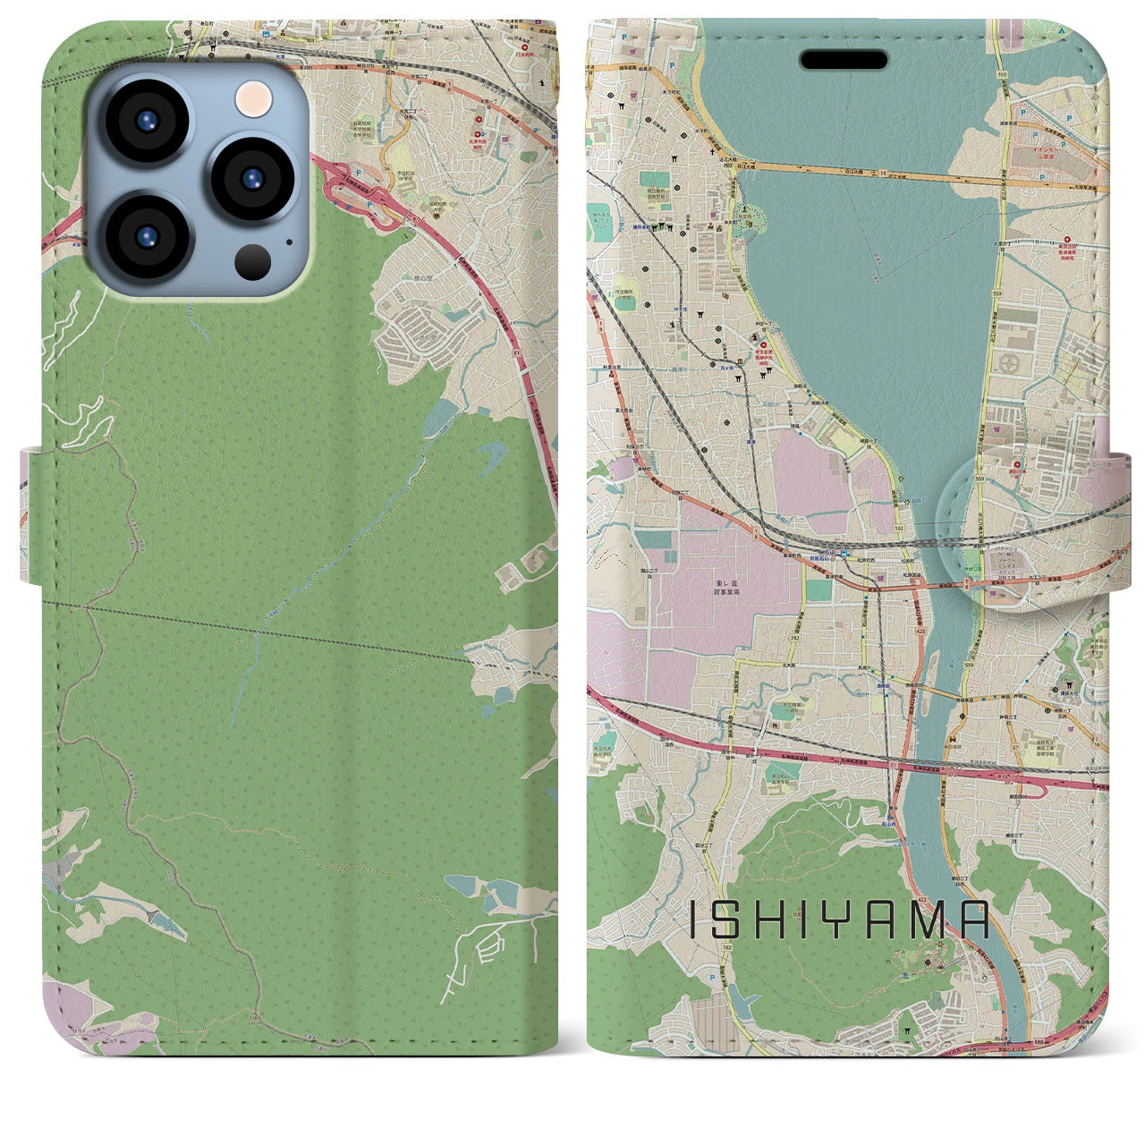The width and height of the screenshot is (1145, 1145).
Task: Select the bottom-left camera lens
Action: coord(145,237)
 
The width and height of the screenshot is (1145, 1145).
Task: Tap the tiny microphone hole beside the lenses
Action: coord(288,240)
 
